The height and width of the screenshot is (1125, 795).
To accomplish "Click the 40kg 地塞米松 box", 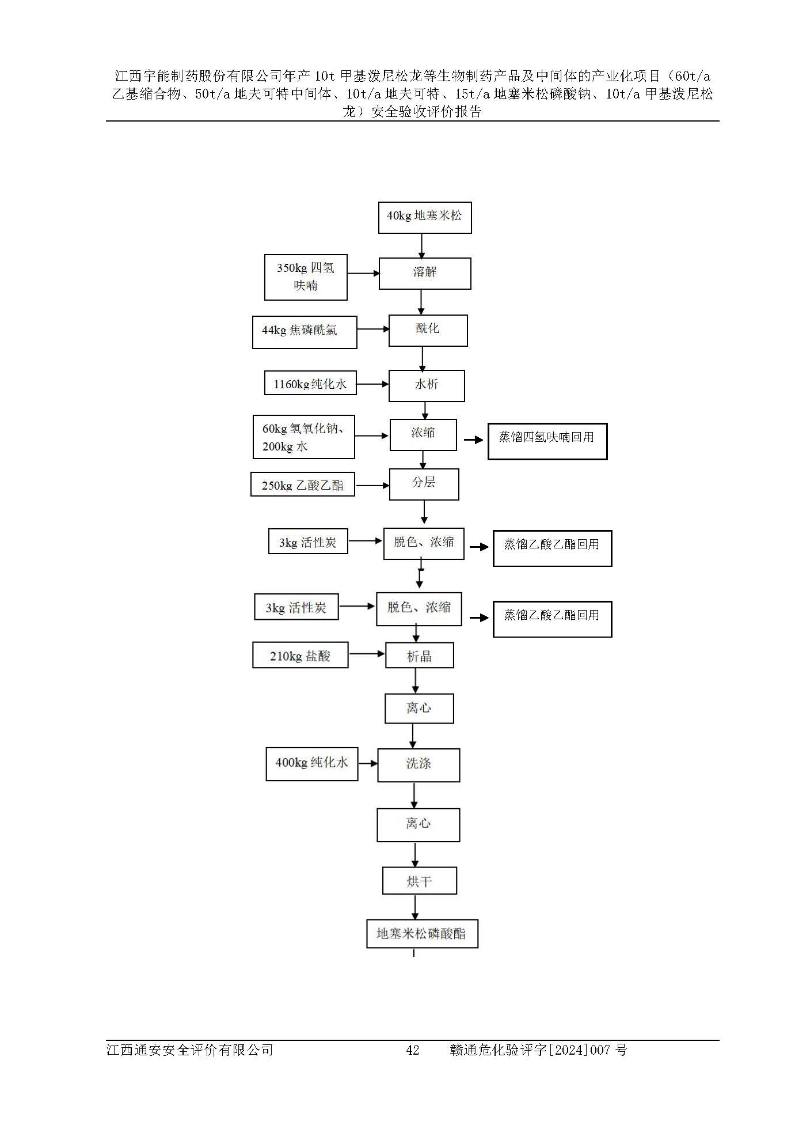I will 424,217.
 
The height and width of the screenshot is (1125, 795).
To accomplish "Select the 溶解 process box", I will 424,273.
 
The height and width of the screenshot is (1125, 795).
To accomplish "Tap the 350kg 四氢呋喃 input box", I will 306,277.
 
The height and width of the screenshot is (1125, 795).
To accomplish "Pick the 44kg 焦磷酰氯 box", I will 305,332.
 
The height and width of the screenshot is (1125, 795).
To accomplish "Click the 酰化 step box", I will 428,330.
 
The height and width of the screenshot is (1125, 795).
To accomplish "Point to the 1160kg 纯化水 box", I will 310,384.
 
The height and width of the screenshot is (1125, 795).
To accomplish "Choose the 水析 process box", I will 427,385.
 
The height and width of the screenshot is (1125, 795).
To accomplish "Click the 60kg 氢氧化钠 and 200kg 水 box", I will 303,437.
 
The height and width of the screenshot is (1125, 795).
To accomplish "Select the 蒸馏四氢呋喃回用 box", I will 547,441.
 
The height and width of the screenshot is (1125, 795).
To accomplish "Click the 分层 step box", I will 424,484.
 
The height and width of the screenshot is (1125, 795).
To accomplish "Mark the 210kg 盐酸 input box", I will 300,656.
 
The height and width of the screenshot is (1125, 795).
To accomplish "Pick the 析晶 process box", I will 419,656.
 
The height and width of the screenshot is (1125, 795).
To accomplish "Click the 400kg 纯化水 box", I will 311,764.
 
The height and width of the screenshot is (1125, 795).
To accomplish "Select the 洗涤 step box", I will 419,765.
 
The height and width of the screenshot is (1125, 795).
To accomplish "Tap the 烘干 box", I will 419,881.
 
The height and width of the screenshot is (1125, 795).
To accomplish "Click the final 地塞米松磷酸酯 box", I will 422,934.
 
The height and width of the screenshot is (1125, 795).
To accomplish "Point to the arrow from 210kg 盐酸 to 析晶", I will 367,654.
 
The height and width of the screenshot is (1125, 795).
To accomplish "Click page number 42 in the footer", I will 412,1050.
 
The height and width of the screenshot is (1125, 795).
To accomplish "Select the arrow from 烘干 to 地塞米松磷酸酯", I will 415,907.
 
